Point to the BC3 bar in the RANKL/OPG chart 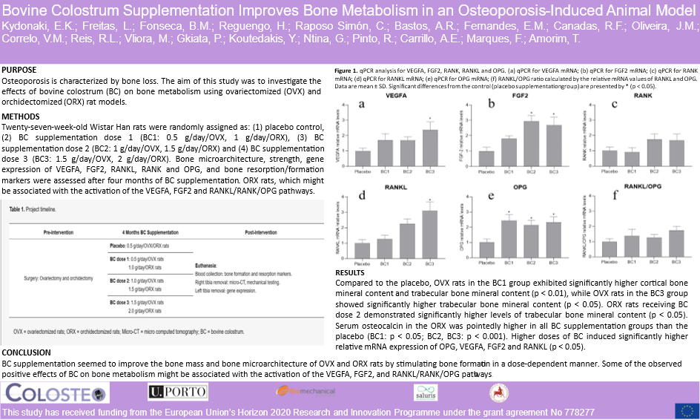pos(675,243)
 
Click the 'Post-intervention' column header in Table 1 pos(264,232)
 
